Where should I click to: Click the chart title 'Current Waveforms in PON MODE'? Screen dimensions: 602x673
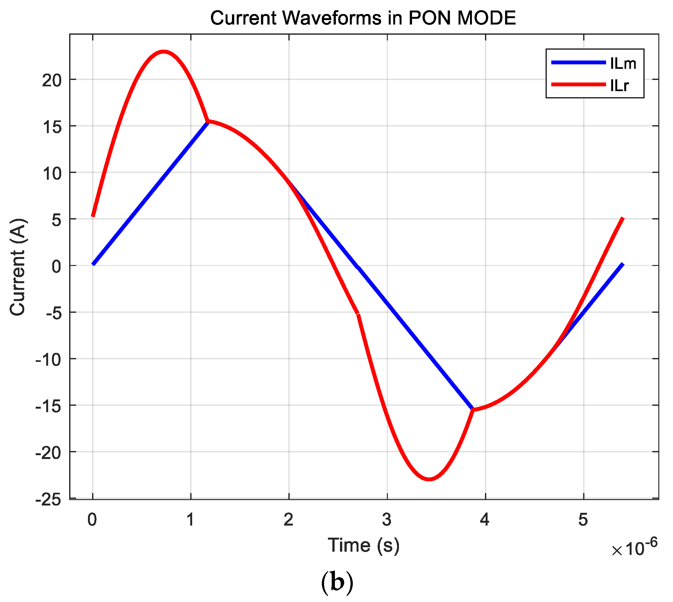click(363, 18)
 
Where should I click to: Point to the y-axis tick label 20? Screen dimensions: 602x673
click(52, 80)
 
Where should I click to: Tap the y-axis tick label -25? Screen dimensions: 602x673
click(49, 500)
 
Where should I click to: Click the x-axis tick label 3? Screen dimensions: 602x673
click(387, 520)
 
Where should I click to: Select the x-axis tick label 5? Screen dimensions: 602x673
click(583, 520)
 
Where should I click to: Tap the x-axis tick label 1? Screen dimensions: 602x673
click(190, 520)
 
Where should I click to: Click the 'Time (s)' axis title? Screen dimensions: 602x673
click(364, 545)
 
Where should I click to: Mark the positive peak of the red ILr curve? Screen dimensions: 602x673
click(163, 51)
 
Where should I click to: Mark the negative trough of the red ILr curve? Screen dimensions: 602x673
click(429, 479)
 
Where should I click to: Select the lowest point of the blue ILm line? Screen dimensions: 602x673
click(473, 410)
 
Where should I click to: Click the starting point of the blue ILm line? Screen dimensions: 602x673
click(93, 264)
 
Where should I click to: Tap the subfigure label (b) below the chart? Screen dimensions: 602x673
click(337, 583)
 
